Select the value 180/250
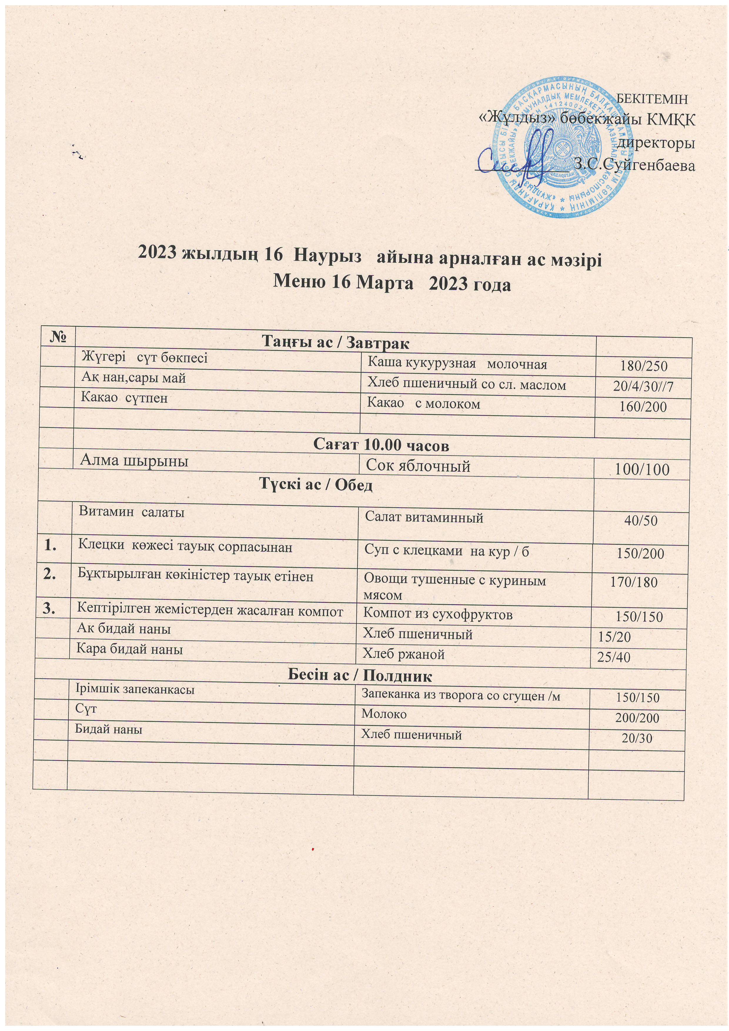[643, 366]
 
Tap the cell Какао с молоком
[424, 404]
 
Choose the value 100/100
[641, 470]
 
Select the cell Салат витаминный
[424, 518]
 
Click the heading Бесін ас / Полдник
[359, 675]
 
